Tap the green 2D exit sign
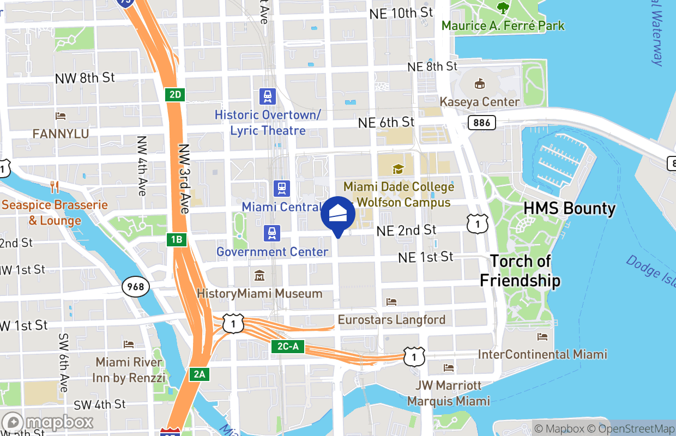pyautogui.click(x=174, y=95)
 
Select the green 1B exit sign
pyautogui.click(x=176, y=239)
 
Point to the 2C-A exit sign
pyautogui.click(x=288, y=347)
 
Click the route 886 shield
pyautogui.click(x=482, y=123)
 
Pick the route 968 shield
pyautogui.click(x=136, y=286)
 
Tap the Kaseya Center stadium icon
pyautogui.click(x=480, y=84)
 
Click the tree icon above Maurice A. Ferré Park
pyautogui.click(x=503, y=8)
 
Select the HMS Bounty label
pyautogui.click(x=570, y=208)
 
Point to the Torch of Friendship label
pyautogui.click(x=520, y=271)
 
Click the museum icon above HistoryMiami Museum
pyautogui.click(x=259, y=276)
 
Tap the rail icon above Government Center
pyautogui.click(x=272, y=233)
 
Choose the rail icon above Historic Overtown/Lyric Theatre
pyautogui.click(x=268, y=97)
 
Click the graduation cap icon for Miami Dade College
pyautogui.click(x=399, y=169)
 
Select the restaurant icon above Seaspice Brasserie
pyautogui.click(x=55, y=187)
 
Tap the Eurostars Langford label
pyautogui.click(x=391, y=319)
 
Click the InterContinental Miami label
pyautogui.click(x=542, y=354)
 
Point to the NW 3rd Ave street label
pyautogui.click(x=184, y=179)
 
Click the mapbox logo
pyautogui.click(x=48, y=422)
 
